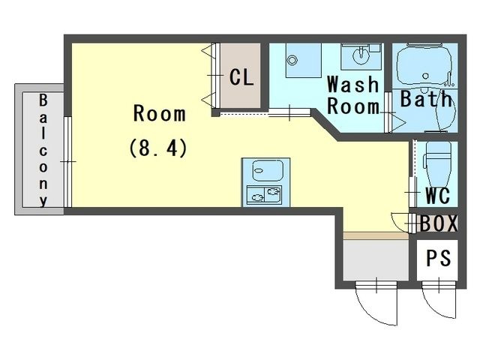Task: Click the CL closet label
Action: pos(241,77)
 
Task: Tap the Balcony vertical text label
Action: pos(43,151)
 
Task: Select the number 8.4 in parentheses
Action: pos(158,148)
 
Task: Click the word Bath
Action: pos(426,98)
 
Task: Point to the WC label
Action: pos(438,195)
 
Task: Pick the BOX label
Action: pos(439,223)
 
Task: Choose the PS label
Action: pos(439,258)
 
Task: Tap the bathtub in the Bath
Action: pos(424,66)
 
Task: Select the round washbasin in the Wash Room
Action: pos(361,55)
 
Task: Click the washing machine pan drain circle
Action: pos(292,60)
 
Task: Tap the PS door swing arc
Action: pos(435,304)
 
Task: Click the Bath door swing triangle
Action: pos(398,122)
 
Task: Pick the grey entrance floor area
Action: pos(376,260)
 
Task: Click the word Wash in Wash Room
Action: pos(353,84)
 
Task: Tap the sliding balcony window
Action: pos(68,162)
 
